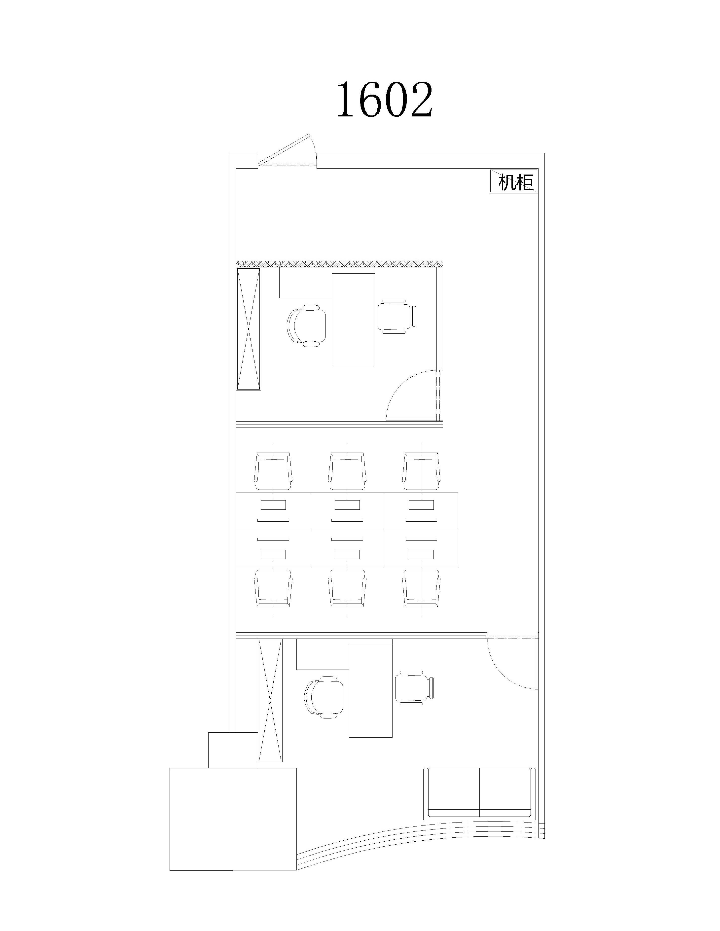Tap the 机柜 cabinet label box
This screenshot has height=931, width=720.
click(x=513, y=181)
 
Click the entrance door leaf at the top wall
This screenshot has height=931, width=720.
click(x=287, y=149)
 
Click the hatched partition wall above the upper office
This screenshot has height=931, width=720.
click(x=340, y=264)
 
